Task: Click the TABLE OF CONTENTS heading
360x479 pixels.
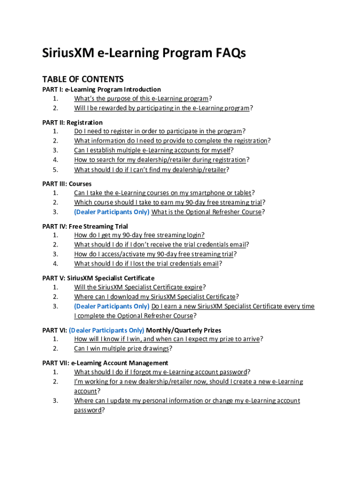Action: point(83,79)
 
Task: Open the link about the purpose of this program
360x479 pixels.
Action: point(141,99)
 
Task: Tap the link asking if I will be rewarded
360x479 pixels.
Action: point(162,108)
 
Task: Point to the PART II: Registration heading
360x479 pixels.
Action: point(72,123)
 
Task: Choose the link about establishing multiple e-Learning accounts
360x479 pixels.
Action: point(152,150)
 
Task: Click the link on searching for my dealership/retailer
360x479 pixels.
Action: point(160,160)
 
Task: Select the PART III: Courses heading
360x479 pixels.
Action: point(67,184)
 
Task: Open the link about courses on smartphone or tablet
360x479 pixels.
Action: point(163,193)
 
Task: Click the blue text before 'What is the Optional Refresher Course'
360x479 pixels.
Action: point(112,212)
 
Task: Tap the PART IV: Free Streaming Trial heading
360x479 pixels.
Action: point(85,226)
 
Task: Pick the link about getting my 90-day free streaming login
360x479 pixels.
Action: point(139,235)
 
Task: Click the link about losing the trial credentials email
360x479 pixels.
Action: point(146,263)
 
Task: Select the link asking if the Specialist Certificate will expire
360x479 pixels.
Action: point(138,287)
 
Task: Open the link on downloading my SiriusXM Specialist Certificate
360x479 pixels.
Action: point(155,297)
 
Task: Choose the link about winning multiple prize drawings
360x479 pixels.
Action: point(122,348)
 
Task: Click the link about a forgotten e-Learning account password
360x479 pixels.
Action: point(160,372)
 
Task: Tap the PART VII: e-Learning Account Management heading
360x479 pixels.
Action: point(105,363)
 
